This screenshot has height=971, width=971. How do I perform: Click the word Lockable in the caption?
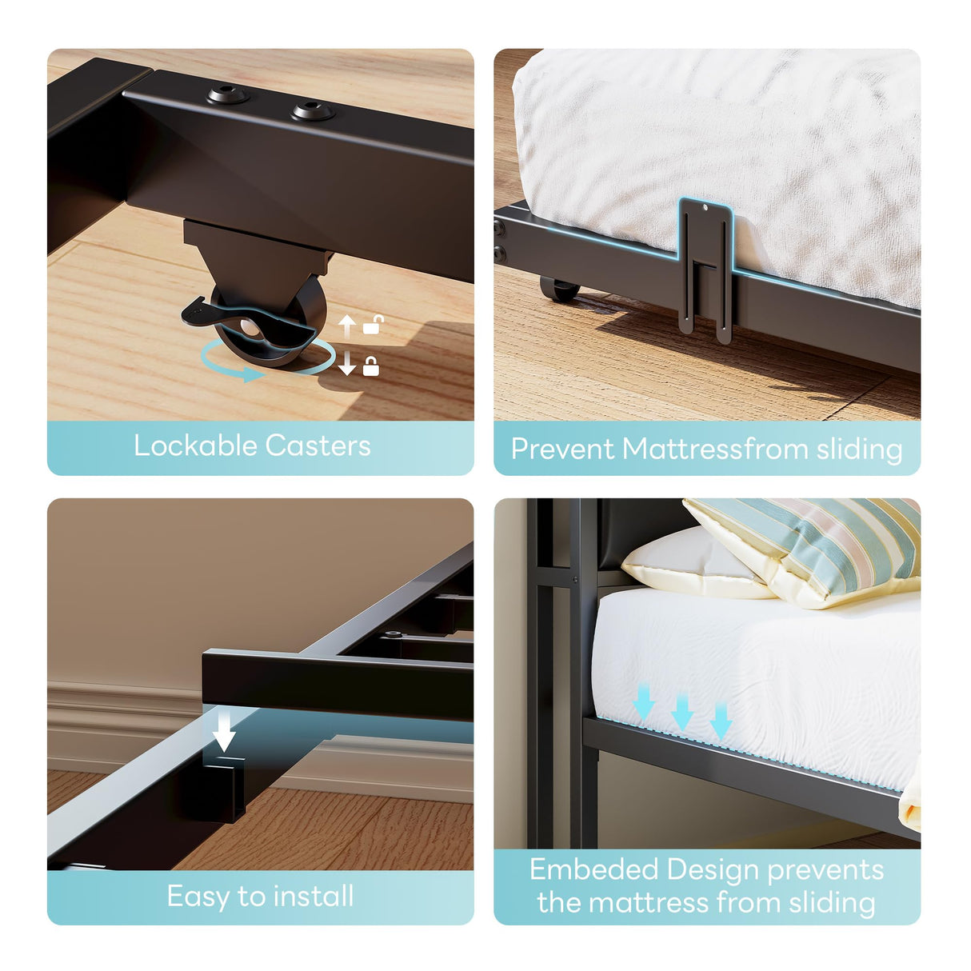[x=195, y=446]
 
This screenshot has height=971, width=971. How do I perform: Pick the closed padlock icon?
[x=371, y=366]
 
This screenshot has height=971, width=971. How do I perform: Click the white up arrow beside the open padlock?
[x=347, y=326]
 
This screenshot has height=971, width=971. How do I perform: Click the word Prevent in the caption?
[x=563, y=449]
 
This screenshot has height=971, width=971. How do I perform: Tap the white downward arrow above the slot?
[x=225, y=730]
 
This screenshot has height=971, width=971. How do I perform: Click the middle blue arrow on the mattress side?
[x=681, y=711]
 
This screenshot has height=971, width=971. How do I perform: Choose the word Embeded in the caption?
[x=593, y=869]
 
